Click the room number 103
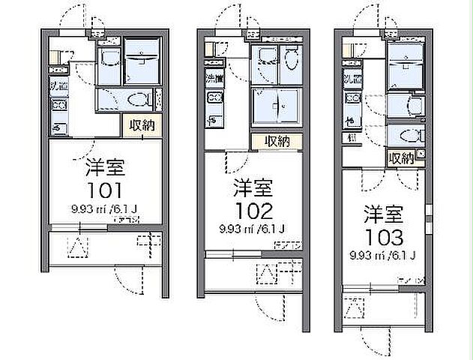[385, 238]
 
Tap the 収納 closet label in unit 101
[142, 126]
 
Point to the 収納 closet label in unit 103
[401, 157]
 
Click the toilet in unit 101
[136, 98]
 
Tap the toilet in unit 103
[409, 136]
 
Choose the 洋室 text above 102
[253, 184]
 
